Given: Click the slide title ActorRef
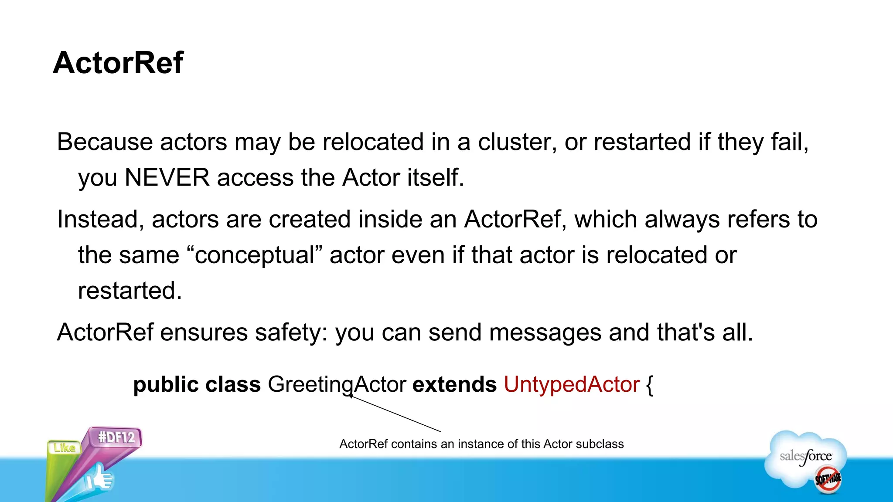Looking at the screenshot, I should tap(118, 63).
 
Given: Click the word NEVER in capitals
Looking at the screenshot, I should tap(167, 178).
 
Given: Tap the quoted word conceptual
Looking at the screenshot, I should tap(255, 255).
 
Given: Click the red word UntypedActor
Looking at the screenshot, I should tap(571, 385).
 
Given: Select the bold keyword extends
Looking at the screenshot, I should tap(454, 385).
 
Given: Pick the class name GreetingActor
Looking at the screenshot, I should tap(337, 385).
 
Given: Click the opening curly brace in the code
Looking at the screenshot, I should tap(649, 386).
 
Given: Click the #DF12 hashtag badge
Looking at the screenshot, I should tap(116, 437).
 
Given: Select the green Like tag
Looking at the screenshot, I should tap(64, 448).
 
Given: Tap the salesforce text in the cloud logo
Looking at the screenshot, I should tap(805, 456).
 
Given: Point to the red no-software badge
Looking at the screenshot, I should tap(828, 480).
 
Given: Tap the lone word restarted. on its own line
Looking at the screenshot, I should tap(130, 291).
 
